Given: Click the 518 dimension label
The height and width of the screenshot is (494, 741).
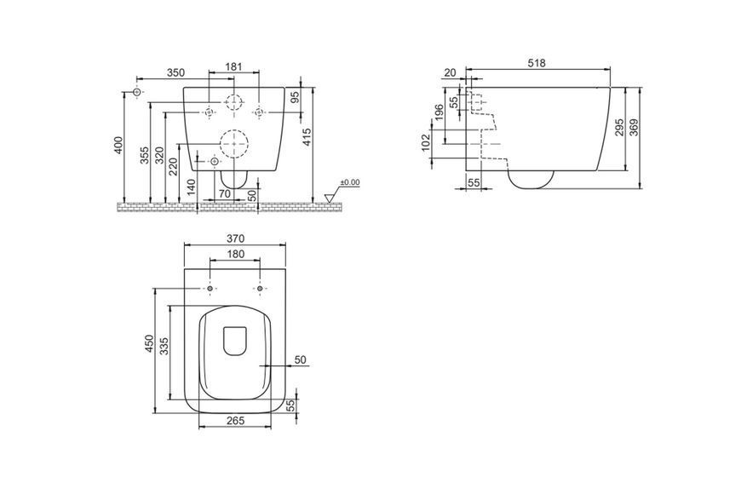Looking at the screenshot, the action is point(537,63).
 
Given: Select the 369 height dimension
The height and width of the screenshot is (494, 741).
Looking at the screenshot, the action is point(635,128).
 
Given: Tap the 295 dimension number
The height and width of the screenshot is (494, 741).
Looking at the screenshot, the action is point(620,128).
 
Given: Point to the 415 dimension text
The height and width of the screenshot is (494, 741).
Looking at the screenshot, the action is point(307,137).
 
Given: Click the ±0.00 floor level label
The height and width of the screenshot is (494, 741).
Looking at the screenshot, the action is point(350,182).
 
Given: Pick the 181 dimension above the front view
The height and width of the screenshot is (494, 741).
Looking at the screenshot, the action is point(233,66).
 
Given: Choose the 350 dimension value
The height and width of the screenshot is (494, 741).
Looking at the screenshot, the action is point(175,72).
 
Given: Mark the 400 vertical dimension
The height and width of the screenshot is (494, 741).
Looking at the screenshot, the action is point(118,145).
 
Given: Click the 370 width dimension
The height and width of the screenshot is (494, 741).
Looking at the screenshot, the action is point(235,239).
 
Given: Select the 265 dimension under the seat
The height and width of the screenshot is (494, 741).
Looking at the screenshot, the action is point(235,420).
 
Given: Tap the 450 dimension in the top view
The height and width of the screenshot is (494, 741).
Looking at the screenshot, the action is point(149,344).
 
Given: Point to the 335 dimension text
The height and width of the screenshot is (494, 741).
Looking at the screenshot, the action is point(164,346).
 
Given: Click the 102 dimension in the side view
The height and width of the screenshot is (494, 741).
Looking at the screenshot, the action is point(426,143).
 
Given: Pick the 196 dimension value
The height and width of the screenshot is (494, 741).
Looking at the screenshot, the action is point(439,113).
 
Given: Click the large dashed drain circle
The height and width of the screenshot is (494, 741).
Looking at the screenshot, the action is point(234,129).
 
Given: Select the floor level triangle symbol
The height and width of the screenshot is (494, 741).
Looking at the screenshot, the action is point(330,198).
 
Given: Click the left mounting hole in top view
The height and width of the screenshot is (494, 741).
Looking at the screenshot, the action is point(210,289).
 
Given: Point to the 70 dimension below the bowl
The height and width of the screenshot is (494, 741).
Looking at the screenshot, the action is point(225,194).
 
